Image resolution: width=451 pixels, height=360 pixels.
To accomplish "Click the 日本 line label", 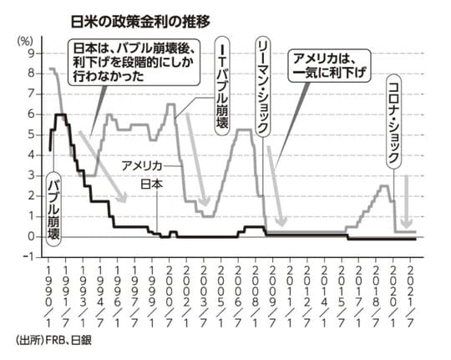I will [151, 184].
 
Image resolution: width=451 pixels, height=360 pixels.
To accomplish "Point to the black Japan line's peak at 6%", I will [59, 114].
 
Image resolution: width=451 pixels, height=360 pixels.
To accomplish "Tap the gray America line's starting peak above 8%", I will [53, 69].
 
